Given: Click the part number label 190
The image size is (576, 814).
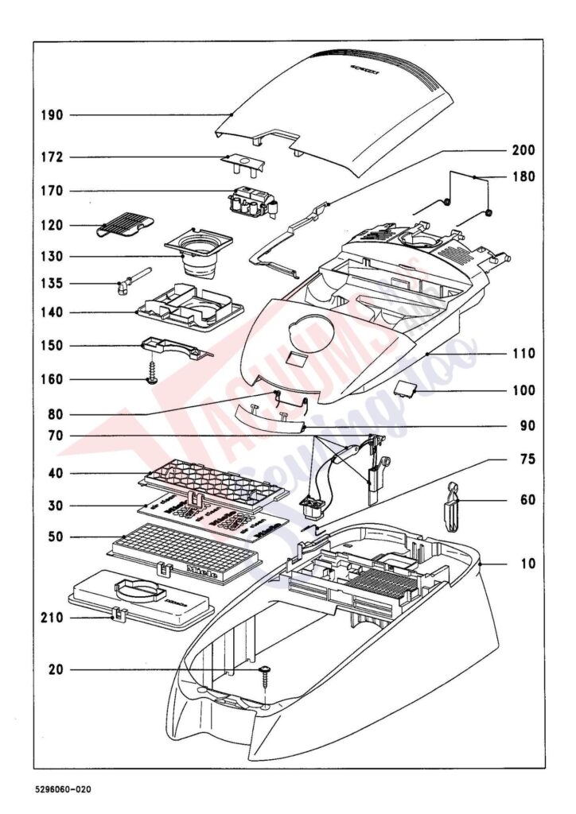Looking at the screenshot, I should point(52,115).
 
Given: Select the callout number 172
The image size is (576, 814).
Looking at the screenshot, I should point(52,157).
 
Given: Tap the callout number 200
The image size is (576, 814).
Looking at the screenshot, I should point(523,150).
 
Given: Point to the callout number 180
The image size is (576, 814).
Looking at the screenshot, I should point(523,176).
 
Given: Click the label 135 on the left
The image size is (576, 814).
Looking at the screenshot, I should point(52,284).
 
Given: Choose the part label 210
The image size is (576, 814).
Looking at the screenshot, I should point(52,617).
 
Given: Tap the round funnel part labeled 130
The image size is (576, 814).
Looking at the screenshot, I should point(199,250).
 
